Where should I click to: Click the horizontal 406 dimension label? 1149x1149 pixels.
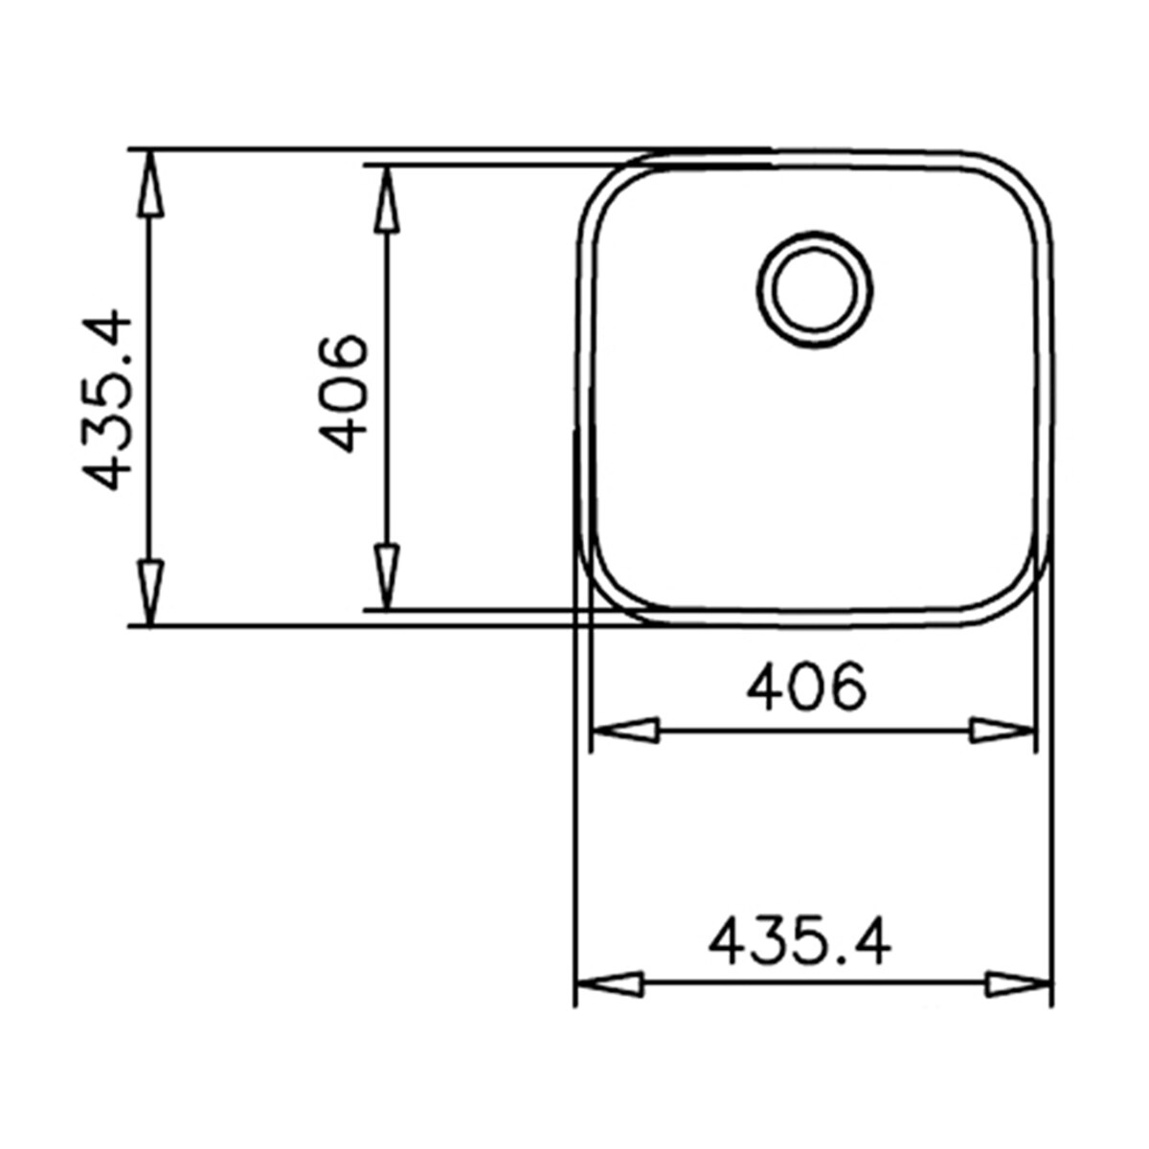pos(806,687)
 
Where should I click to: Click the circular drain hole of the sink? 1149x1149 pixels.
pos(815,289)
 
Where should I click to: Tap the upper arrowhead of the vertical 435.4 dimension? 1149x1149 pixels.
pos(149,182)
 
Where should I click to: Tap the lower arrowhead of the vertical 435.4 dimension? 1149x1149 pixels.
pos(149,593)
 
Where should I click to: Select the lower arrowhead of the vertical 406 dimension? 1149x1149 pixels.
pos(387,577)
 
